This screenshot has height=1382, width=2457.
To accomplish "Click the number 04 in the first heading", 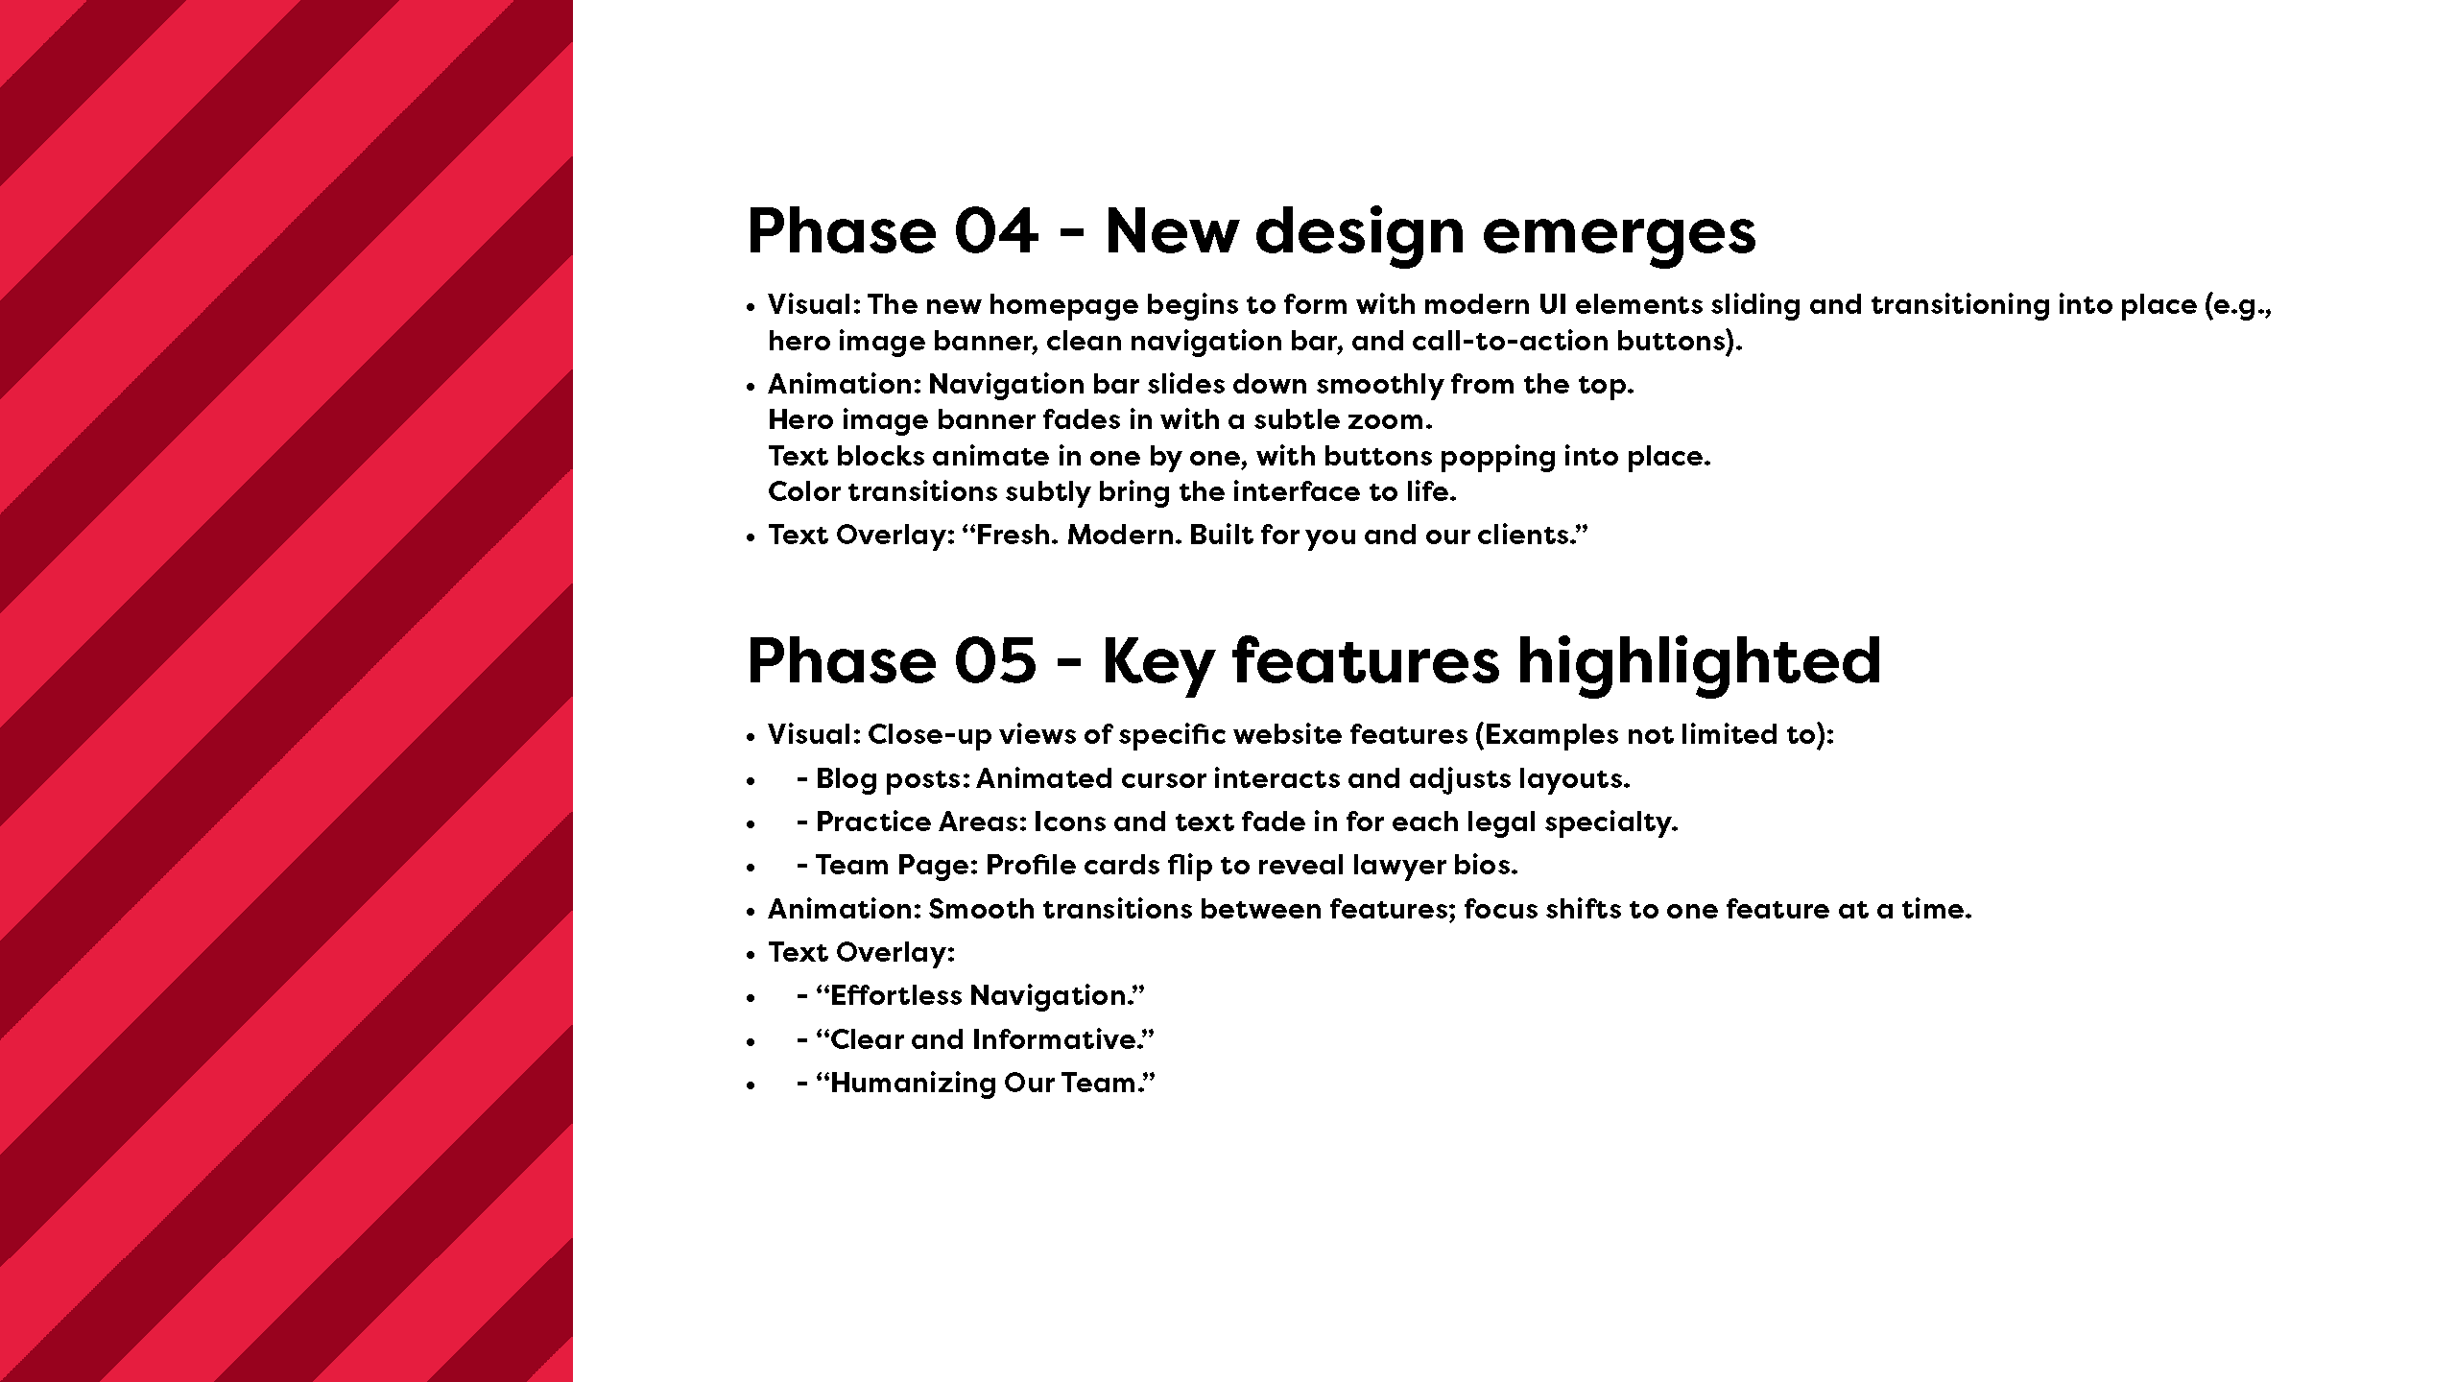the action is pyautogui.click(x=996, y=231).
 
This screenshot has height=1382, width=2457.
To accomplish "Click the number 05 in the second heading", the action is pyautogui.click(x=995, y=661).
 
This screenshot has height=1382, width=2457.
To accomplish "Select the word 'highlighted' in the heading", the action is pyautogui.click(x=1699, y=662).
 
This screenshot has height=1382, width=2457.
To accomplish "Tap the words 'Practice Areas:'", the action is pyautogui.click(x=921, y=822).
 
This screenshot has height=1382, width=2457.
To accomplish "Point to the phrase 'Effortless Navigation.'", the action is pyautogui.click(x=981, y=997).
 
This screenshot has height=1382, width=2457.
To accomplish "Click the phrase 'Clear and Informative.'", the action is pyautogui.click(x=985, y=1039).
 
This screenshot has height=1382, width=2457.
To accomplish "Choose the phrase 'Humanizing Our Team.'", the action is pyautogui.click(x=986, y=1084).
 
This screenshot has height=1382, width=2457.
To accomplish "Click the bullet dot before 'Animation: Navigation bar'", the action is pyautogui.click(x=751, y=387).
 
